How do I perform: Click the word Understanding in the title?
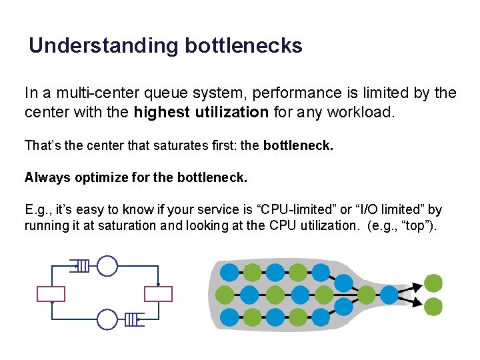click(104, 46)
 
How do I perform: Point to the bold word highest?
click(162, 112)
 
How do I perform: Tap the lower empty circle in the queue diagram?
click(107, 319)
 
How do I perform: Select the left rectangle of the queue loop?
click(51, 294)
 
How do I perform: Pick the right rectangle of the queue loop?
click(158, 294)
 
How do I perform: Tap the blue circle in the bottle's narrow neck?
click(389, 294)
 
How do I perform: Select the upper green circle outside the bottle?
click(433, 283)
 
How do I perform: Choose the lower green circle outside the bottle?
click(433, 306)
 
